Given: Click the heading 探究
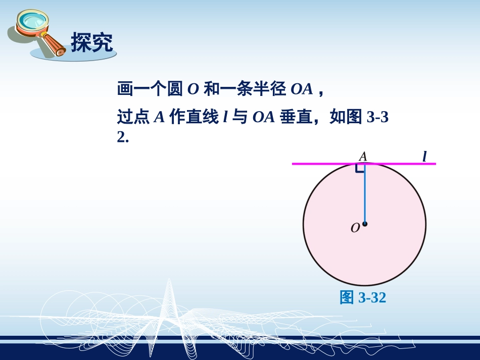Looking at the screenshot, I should [91, 42].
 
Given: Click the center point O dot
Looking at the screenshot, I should [364, 224].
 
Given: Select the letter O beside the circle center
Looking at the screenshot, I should [355, 228].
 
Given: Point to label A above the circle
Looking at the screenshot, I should [363, 157].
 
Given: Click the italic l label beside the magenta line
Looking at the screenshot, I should [424, 157].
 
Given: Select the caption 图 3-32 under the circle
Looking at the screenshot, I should [363, 298].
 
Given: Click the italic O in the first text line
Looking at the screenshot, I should [193, 90].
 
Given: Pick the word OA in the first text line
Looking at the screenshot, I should [302, 90].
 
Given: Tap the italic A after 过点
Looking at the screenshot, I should [160, 118].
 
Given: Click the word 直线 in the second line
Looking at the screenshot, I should [203, 118].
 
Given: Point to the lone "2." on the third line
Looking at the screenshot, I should [123, 137].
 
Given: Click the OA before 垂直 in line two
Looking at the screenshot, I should [263, 118].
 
